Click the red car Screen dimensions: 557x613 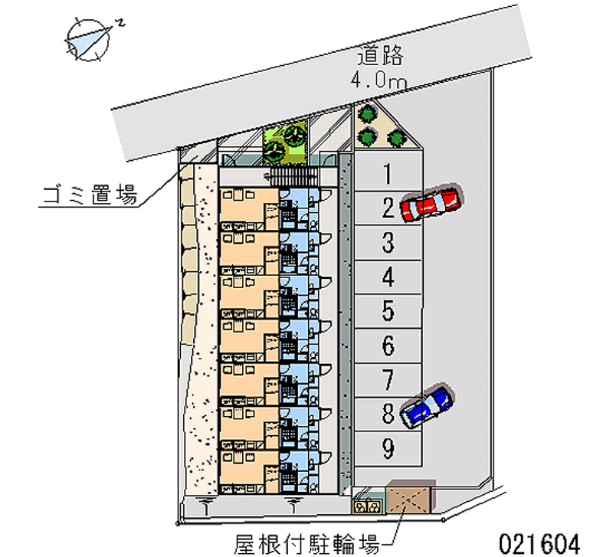[431, 202]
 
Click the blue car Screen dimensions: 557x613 [425, 406]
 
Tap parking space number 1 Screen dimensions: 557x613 [388, 175]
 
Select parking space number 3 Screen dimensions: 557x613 [388, 244]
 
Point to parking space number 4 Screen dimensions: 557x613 [388, 277]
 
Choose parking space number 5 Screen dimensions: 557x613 [388, 311]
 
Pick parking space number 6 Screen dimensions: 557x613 [388, 346]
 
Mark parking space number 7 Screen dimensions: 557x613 [388, 379]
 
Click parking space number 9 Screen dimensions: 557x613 [388, 448]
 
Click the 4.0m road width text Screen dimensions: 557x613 [379, 79]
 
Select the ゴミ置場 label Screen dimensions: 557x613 [88, 196]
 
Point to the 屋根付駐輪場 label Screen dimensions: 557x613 [306, 545]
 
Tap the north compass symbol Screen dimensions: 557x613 [90, 37]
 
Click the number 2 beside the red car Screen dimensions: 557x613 [388, 208]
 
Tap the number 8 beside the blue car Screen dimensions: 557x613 [388, 414]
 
